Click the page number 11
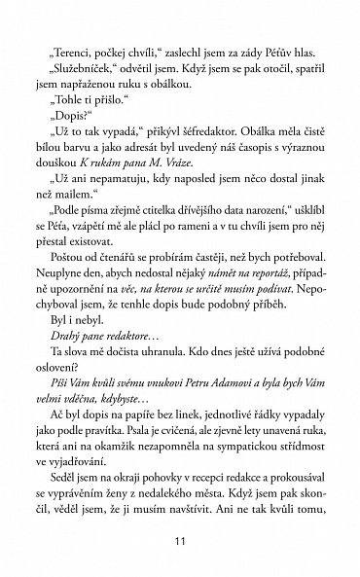click(180, 542)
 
